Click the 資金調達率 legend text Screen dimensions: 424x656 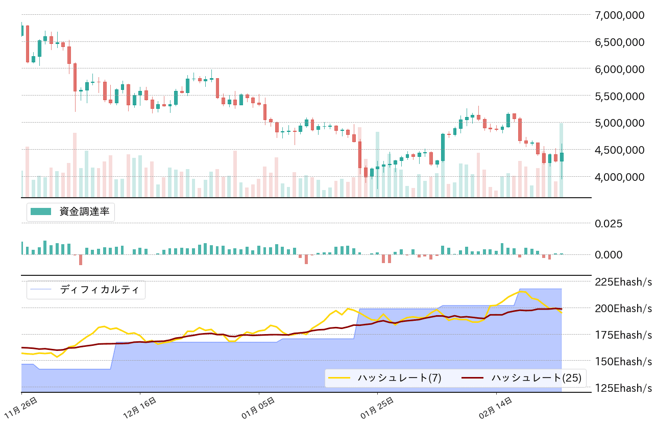[x=84, y=211]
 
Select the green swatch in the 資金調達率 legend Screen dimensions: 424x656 [x=41, y=211]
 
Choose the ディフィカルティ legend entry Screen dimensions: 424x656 [x=99, y=290]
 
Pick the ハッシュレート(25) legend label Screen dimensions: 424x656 [x=536, y=378]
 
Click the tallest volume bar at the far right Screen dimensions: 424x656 [x=561, y=159]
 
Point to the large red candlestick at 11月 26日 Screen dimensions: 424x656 [x=28, y=44]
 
